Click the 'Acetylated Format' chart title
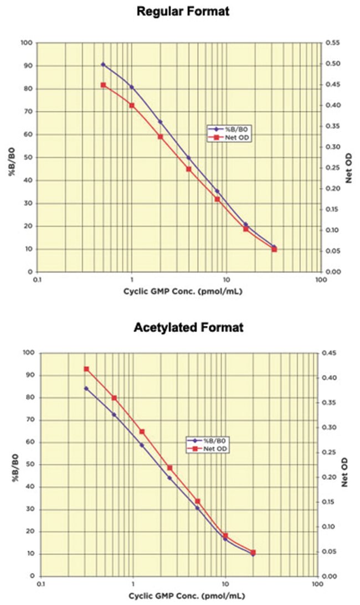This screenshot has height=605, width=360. [x=188, y=327]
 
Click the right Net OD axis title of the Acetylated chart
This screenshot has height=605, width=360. [x=349, y=472]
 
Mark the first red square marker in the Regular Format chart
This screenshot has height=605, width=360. [x=103, y=85]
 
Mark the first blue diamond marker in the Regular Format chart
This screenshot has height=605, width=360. [x=103, y=64]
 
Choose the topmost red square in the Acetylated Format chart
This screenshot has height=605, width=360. [x=86, y=369]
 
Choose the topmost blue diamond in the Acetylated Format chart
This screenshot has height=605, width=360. [x=86, y=388]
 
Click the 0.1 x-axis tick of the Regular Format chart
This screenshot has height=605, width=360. [x=37, y=280]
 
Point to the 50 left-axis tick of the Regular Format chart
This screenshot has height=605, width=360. [x=27, y=158]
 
